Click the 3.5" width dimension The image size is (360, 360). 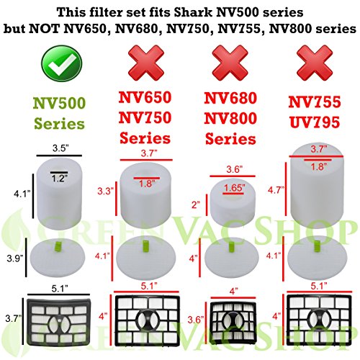pos(60,148)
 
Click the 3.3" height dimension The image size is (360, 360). pos(105,193)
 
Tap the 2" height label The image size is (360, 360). pos(193,204)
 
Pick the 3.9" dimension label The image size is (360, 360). pos(14,257)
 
